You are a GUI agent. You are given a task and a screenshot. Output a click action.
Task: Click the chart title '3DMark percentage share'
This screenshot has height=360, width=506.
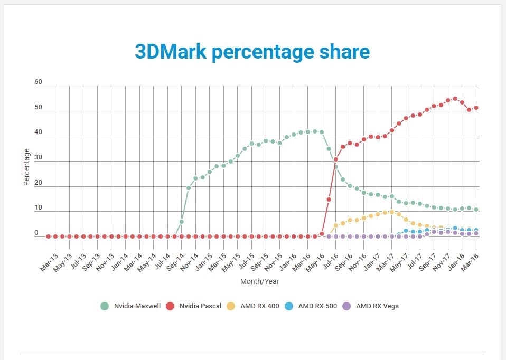click(x=252, y=52)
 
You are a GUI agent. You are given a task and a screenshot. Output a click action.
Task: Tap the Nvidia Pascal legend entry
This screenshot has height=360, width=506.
click(x=195, y=306)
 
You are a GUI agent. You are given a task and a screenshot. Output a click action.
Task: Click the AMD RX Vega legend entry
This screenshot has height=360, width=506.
click(x=372, y=306)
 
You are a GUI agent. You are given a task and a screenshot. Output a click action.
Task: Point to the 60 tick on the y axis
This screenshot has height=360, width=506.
click(x=38, y=82)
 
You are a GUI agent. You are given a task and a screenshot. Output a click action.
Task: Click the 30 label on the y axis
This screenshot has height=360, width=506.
click(x=38, y=158)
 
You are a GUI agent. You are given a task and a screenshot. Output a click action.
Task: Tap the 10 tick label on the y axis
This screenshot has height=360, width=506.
click(x=38, y=208)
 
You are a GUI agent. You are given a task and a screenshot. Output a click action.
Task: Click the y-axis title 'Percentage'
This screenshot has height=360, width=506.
click(x=26, y=166)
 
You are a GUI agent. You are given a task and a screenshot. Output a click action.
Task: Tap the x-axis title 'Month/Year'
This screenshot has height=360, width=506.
click(x=259, y=281)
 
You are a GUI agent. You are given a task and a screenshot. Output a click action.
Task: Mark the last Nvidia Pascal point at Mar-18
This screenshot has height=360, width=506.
click(x=476, y=108)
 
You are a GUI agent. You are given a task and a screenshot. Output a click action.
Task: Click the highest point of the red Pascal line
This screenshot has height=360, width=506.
click(x=455, y=99)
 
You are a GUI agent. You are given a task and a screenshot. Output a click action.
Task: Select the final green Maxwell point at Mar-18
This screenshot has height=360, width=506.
click(x=476, y=210)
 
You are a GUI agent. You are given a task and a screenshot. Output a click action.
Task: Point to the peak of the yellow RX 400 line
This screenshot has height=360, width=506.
click(x=392, y=212)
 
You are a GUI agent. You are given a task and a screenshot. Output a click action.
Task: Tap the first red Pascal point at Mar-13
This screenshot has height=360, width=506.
click(x=49, y=236)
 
